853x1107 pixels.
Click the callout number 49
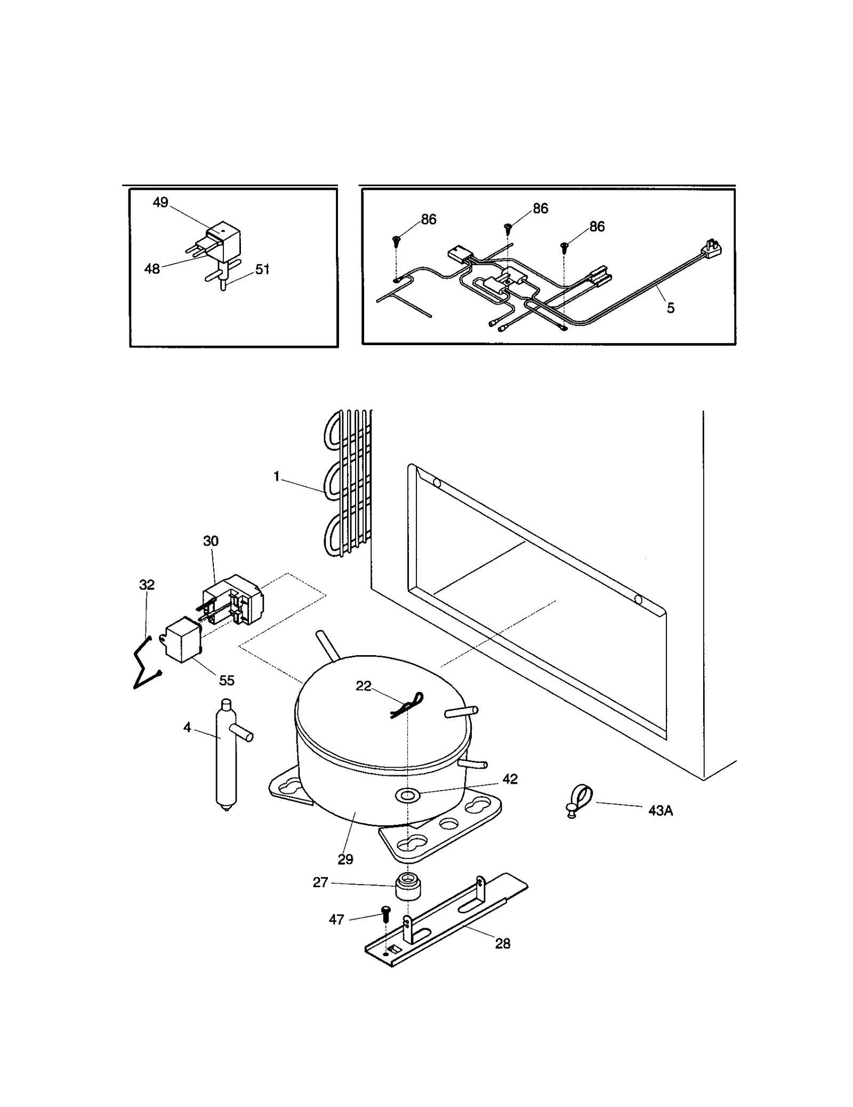(x=160, y=203)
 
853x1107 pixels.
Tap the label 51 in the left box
(x=262, y=269)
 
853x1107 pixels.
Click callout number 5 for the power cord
(x=671, y=308)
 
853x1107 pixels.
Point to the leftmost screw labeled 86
(x=397, y=240)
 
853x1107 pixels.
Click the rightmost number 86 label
(x=597, y=227)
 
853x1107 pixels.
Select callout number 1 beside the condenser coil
(x=277, y=476)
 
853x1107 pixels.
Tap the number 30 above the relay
(x=211, y=541)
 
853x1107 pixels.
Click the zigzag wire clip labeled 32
(x=143, y=662)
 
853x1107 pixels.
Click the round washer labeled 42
(x=407, y=797)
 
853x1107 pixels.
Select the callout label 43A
(x=661, y=811)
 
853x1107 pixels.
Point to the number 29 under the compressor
(x=345, y=859)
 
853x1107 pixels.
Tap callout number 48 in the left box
(x=152, y=269)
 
